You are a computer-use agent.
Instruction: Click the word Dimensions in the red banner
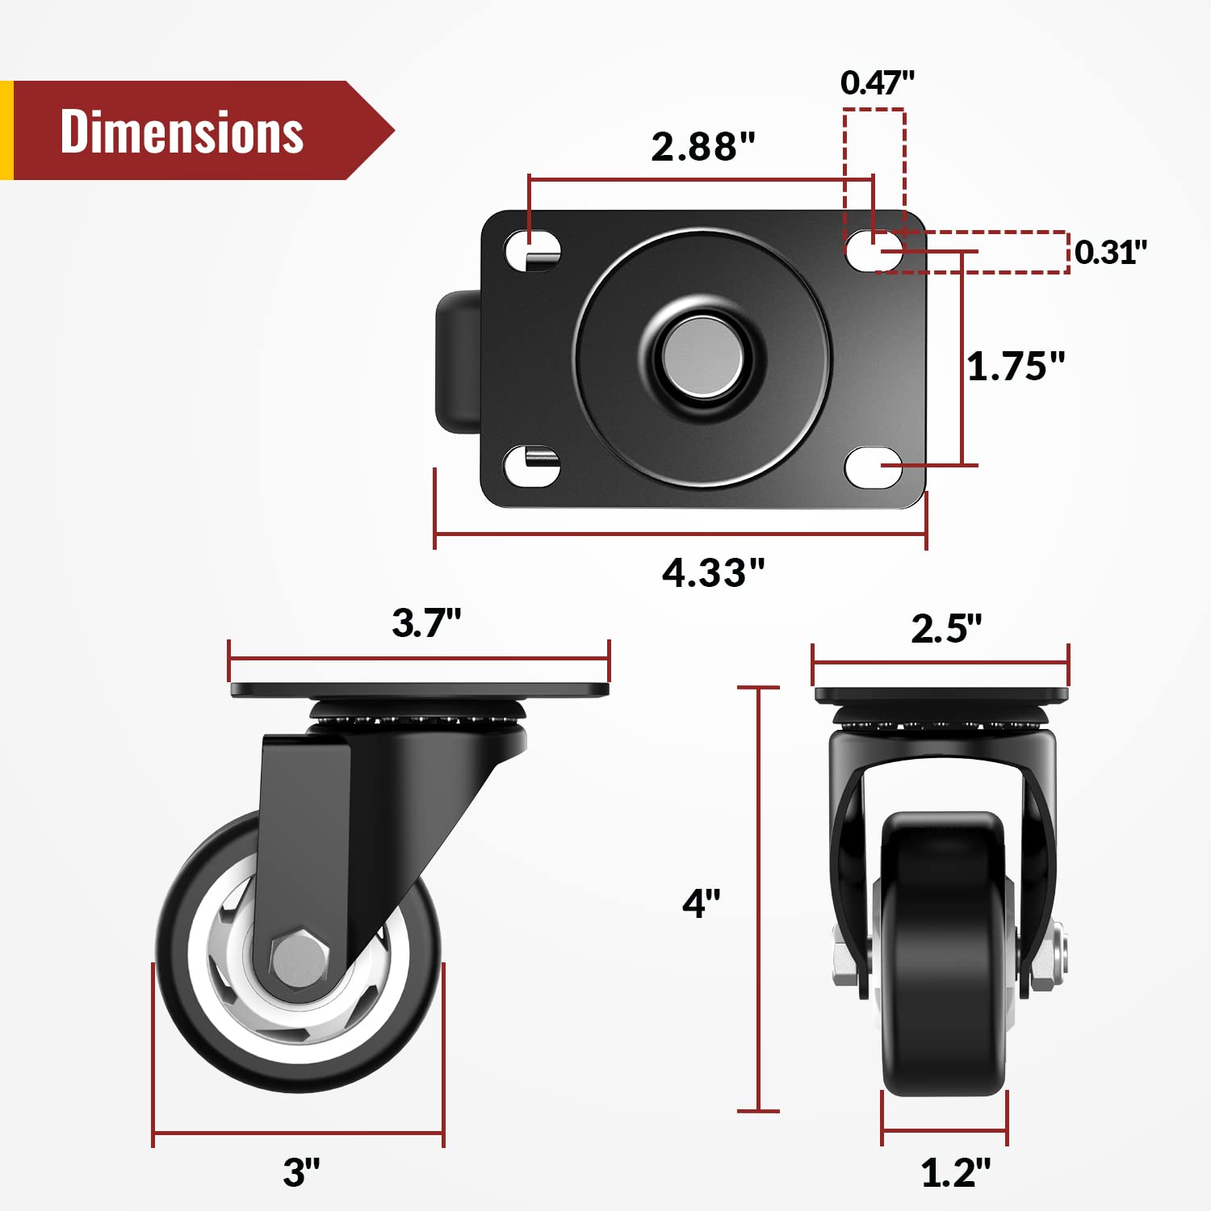(x=182, y=132)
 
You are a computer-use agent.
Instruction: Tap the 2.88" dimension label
(x=702, y=146)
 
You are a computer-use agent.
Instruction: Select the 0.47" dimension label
(x=877, y=82)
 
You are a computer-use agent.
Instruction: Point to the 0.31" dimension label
(x=1110, y=252)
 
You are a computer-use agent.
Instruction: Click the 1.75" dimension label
(x=1016, y=366)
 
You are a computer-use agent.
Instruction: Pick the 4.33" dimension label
(x=713, y=572)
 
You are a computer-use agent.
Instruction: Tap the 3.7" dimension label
(x=425, y=622)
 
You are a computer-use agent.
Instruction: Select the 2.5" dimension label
(x=946, y=628)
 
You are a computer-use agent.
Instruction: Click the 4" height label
(x=701, y=903)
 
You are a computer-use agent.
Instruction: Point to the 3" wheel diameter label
(x=301, y=1171)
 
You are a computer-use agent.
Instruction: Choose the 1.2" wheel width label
(x=955, y=1171)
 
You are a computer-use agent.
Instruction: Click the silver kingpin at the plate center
(x=702, y=356)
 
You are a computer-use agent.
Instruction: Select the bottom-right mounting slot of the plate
(x=874, y=467)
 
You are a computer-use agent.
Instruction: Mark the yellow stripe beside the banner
(x=6, y=130)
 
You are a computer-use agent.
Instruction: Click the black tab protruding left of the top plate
(x=457, y=361)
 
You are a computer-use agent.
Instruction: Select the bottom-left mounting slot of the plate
(x=531, y=466)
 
